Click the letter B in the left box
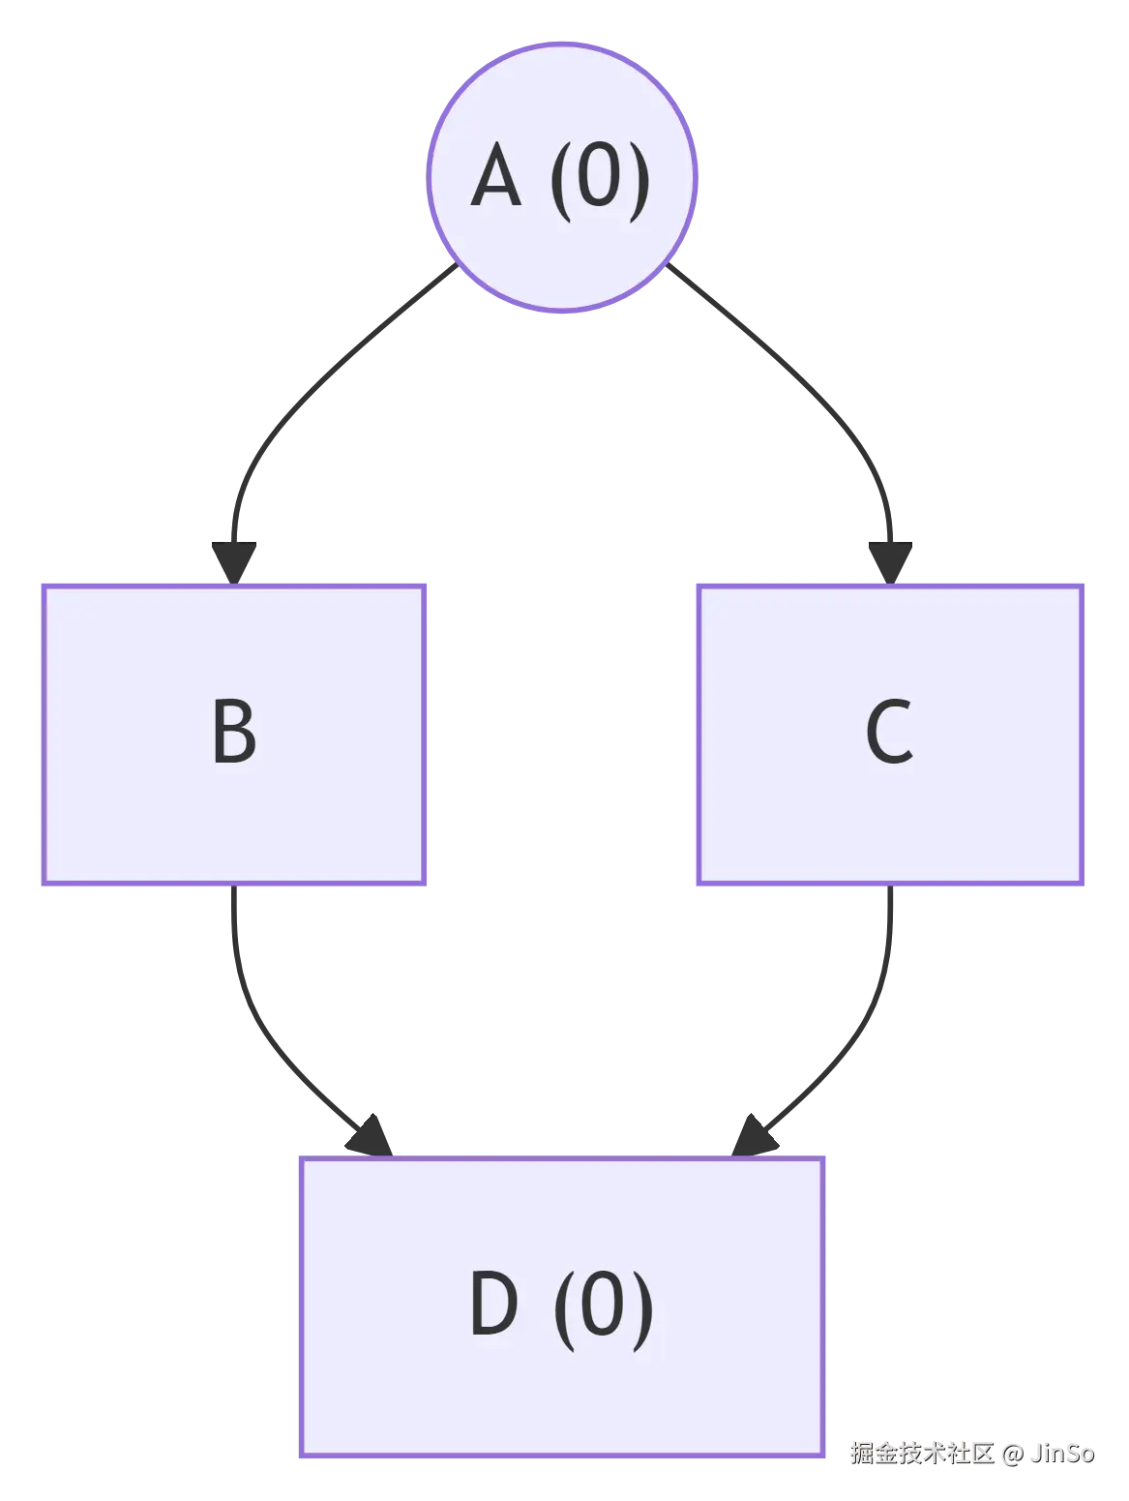pos(234,733)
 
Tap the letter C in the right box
pos(889,733)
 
